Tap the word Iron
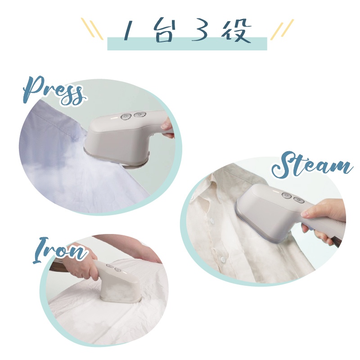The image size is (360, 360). click(x=59, y=251)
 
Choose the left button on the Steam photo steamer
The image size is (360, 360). click(x=286, y=195)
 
